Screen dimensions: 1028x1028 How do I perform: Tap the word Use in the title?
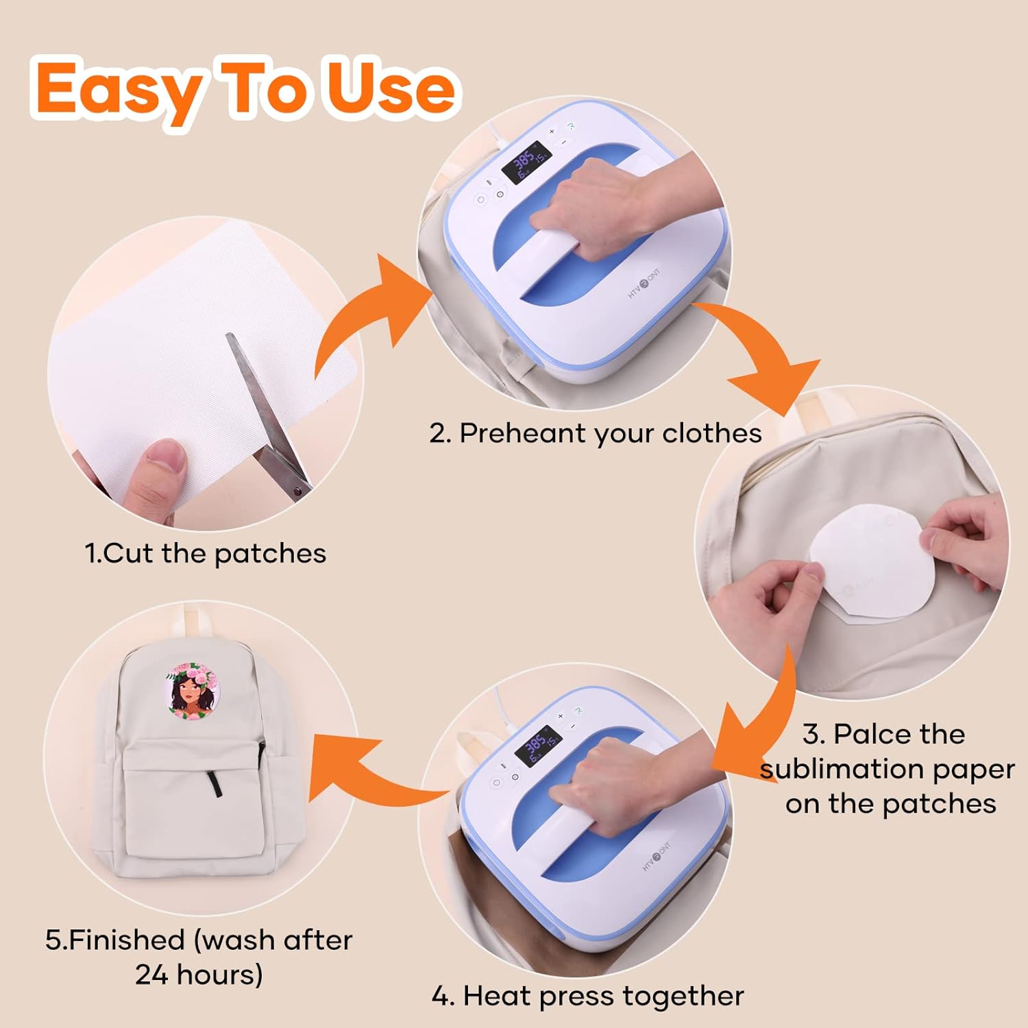point(391,88)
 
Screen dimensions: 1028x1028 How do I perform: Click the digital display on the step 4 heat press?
point(539,745)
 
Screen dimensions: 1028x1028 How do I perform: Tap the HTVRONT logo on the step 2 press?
point(644,283)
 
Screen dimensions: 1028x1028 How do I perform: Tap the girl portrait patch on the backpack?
point(194,692)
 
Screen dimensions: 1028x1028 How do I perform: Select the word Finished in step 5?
point(127,940)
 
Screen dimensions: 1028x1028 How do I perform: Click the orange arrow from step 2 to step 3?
point(761,350)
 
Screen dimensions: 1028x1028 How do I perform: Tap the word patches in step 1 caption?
point(270,554)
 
